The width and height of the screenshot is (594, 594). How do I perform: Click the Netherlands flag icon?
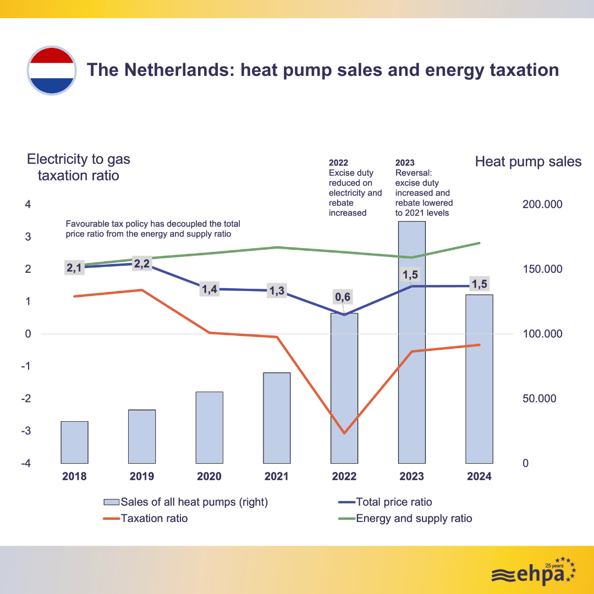[x=51, y=70]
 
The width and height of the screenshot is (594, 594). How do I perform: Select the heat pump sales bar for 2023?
[x=411, y=341]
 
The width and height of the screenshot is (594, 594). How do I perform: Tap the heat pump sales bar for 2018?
[x=74, y=442]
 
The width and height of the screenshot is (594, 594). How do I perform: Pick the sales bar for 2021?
[x=277, y=418]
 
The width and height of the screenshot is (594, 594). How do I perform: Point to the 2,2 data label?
[x=142, y=263]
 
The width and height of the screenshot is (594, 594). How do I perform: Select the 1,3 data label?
[x=277, y=291]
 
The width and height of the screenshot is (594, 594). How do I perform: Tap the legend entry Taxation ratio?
[x=154, y=518]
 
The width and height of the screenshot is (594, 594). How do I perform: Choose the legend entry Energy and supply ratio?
[x=414, y=518]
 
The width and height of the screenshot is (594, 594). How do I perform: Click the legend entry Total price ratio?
[x=394, y=502]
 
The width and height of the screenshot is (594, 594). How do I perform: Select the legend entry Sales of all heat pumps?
[x=194, y=502]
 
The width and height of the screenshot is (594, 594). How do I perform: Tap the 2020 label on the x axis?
[x=209, y=476]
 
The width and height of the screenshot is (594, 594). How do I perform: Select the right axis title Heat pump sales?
[x=528, y=161]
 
